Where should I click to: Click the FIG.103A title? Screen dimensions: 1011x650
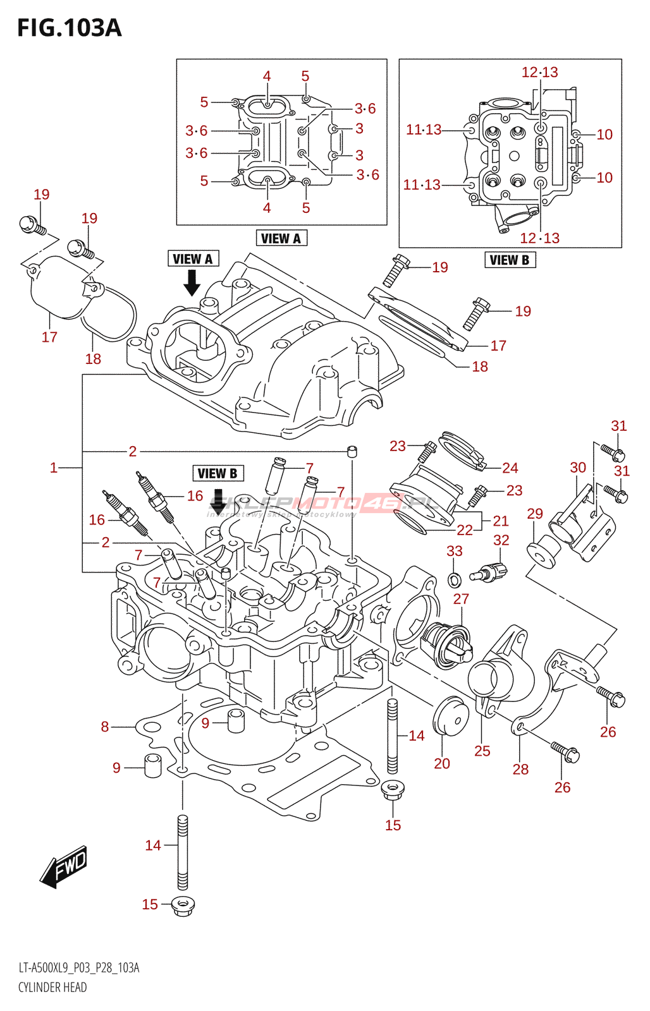(69, 28)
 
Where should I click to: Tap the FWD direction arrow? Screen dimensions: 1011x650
(64, 866)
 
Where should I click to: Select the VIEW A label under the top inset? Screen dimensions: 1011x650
(281, 238)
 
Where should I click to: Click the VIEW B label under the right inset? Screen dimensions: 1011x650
(510, 260)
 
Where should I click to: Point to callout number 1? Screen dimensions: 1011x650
(54, 468)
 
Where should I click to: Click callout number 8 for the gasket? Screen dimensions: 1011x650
(105, 727)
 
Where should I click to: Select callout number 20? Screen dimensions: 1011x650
(442, 763)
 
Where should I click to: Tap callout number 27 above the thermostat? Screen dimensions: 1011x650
(461, 599)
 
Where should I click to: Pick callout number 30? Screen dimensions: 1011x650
(578, 468)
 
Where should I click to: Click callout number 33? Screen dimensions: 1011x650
(455, 551)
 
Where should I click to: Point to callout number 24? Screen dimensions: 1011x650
(510, 468)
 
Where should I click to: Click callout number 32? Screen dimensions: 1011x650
(501, 540)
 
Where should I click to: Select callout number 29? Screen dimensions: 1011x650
(535, 514)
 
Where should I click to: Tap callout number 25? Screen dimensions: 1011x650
(482, 751)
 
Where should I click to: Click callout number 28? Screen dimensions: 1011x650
(520, 769)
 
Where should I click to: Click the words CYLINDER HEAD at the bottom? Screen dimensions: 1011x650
(52, 987)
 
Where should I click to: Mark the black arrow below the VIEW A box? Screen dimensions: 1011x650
(192, 282)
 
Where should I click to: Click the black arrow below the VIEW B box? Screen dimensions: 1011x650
(218, 499)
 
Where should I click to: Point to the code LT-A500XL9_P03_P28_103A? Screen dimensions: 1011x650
(79, 968)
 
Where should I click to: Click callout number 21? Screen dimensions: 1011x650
(501, 521)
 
